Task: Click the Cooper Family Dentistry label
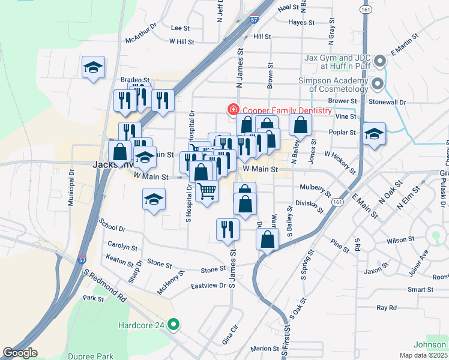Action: point(286,110)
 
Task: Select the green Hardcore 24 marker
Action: point(174,325)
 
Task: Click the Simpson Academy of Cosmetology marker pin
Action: point(378,83)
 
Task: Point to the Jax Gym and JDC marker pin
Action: point(379,61)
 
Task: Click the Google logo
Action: point(20,353)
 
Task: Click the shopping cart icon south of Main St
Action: point(206,191)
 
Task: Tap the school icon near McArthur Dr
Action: point(94,67)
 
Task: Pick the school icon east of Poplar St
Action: point(374,134)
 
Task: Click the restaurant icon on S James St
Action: point(228,229)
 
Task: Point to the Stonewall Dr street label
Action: point(388,103)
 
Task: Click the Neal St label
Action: point(288,7)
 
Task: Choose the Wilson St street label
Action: point(400,240)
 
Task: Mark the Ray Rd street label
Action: point(387,308)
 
